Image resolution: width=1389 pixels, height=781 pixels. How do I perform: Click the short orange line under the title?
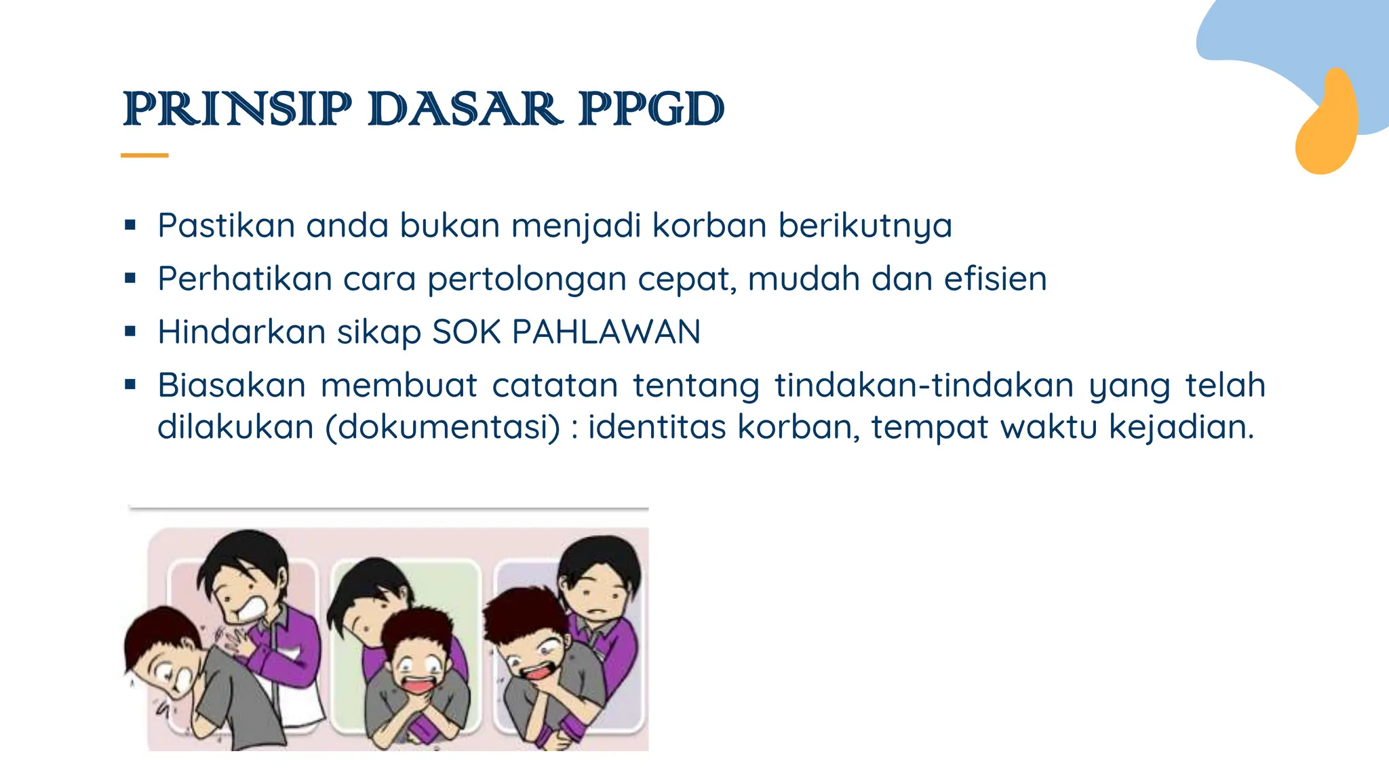[x=144, y=155]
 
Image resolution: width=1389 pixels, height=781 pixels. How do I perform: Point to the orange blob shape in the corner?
[x=1327, y=125]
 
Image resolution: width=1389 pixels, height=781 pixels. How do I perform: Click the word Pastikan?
[x=226, y=225]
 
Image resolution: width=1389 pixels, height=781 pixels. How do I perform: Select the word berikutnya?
[x=865, y=226]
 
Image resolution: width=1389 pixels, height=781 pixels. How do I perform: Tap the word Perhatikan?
[x=245, y=279]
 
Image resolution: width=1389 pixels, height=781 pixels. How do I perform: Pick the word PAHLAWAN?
[x=606, y=332]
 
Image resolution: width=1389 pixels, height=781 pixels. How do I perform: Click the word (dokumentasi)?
[x=444, y=427]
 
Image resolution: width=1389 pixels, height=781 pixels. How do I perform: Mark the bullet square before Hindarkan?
[x=130, y=332]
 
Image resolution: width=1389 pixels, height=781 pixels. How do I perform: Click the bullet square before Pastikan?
[x=130, y=224]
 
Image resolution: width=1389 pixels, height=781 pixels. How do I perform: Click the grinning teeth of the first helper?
[x=248, y=609]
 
